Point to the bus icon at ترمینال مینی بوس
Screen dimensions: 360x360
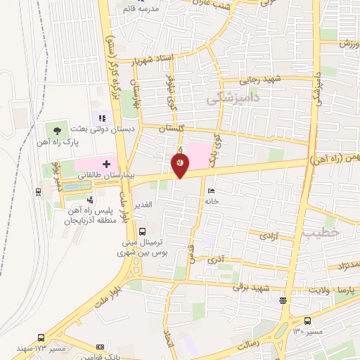(x=142, y=230)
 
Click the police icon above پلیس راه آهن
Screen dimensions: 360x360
(x=89, y=200)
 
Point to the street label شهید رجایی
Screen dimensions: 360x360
(x=262, y=80)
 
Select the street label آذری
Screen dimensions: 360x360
(x=215, y=260)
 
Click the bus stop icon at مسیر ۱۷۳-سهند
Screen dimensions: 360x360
(x=41, y=337)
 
